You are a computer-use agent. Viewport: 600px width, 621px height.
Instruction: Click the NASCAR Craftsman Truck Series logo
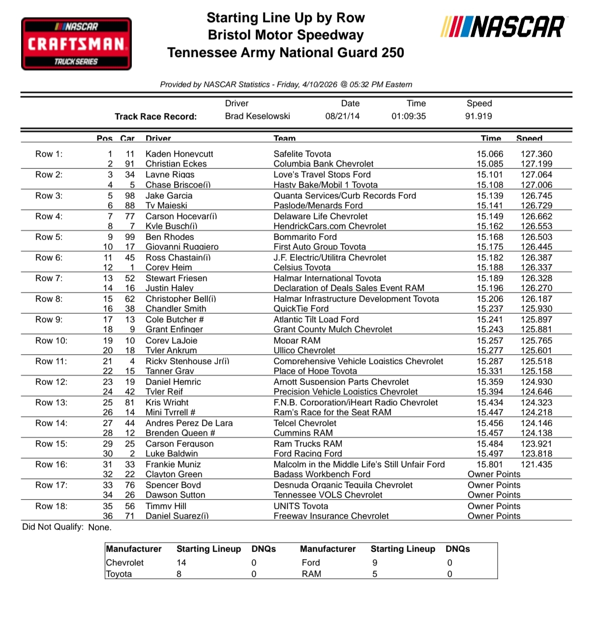(x=76, y=44)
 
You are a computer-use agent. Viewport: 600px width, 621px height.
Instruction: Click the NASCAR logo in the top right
(x=503, y=27)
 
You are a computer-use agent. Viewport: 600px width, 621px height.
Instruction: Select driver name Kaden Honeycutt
(x=179, y=154)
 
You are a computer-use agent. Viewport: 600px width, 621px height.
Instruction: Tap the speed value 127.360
(x=536, y=154)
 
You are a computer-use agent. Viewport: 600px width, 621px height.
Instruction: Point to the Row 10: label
(x=51, y=340)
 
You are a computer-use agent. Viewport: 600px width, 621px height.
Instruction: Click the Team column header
(x=284, y=139)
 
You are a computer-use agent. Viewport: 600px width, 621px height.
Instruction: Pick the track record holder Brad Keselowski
(x=257, y=116)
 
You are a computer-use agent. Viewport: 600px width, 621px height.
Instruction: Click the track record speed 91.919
(x=479, y=116)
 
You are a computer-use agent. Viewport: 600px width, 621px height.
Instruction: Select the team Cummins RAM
(x=303, y=433)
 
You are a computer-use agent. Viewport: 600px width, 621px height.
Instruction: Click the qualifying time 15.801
(x=490, y=464)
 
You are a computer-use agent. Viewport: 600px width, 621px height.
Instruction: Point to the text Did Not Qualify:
(x=53, y=527)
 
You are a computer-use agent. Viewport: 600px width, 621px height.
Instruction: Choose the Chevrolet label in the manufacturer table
(x=125, y=563)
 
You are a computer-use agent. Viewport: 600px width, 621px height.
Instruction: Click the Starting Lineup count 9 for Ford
(x=375, y=563)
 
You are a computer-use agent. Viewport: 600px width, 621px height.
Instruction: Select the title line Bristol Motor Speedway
(x=285, y=35)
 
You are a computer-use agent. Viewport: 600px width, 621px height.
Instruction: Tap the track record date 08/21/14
(x=342, y=116)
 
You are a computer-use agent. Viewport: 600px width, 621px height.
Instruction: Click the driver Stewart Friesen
(x=176, y=278)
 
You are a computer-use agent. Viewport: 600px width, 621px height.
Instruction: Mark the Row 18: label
(x=51, y=506)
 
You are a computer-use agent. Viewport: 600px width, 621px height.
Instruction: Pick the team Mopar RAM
(x=297, y=340)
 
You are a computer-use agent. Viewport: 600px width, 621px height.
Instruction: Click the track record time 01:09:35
(x=409, y=116)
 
